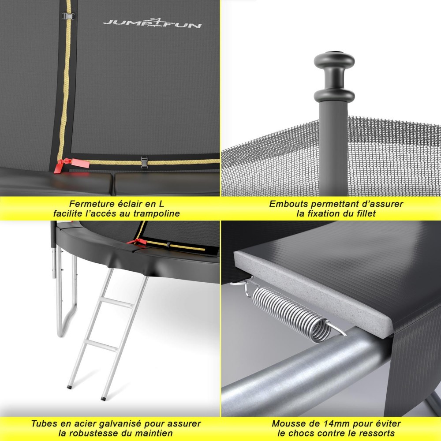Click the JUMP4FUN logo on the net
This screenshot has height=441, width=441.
[x=152, y=23]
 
